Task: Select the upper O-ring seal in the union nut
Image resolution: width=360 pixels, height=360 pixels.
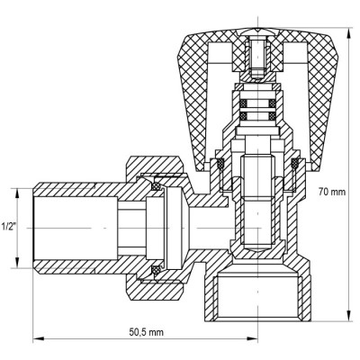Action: [154, 186]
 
